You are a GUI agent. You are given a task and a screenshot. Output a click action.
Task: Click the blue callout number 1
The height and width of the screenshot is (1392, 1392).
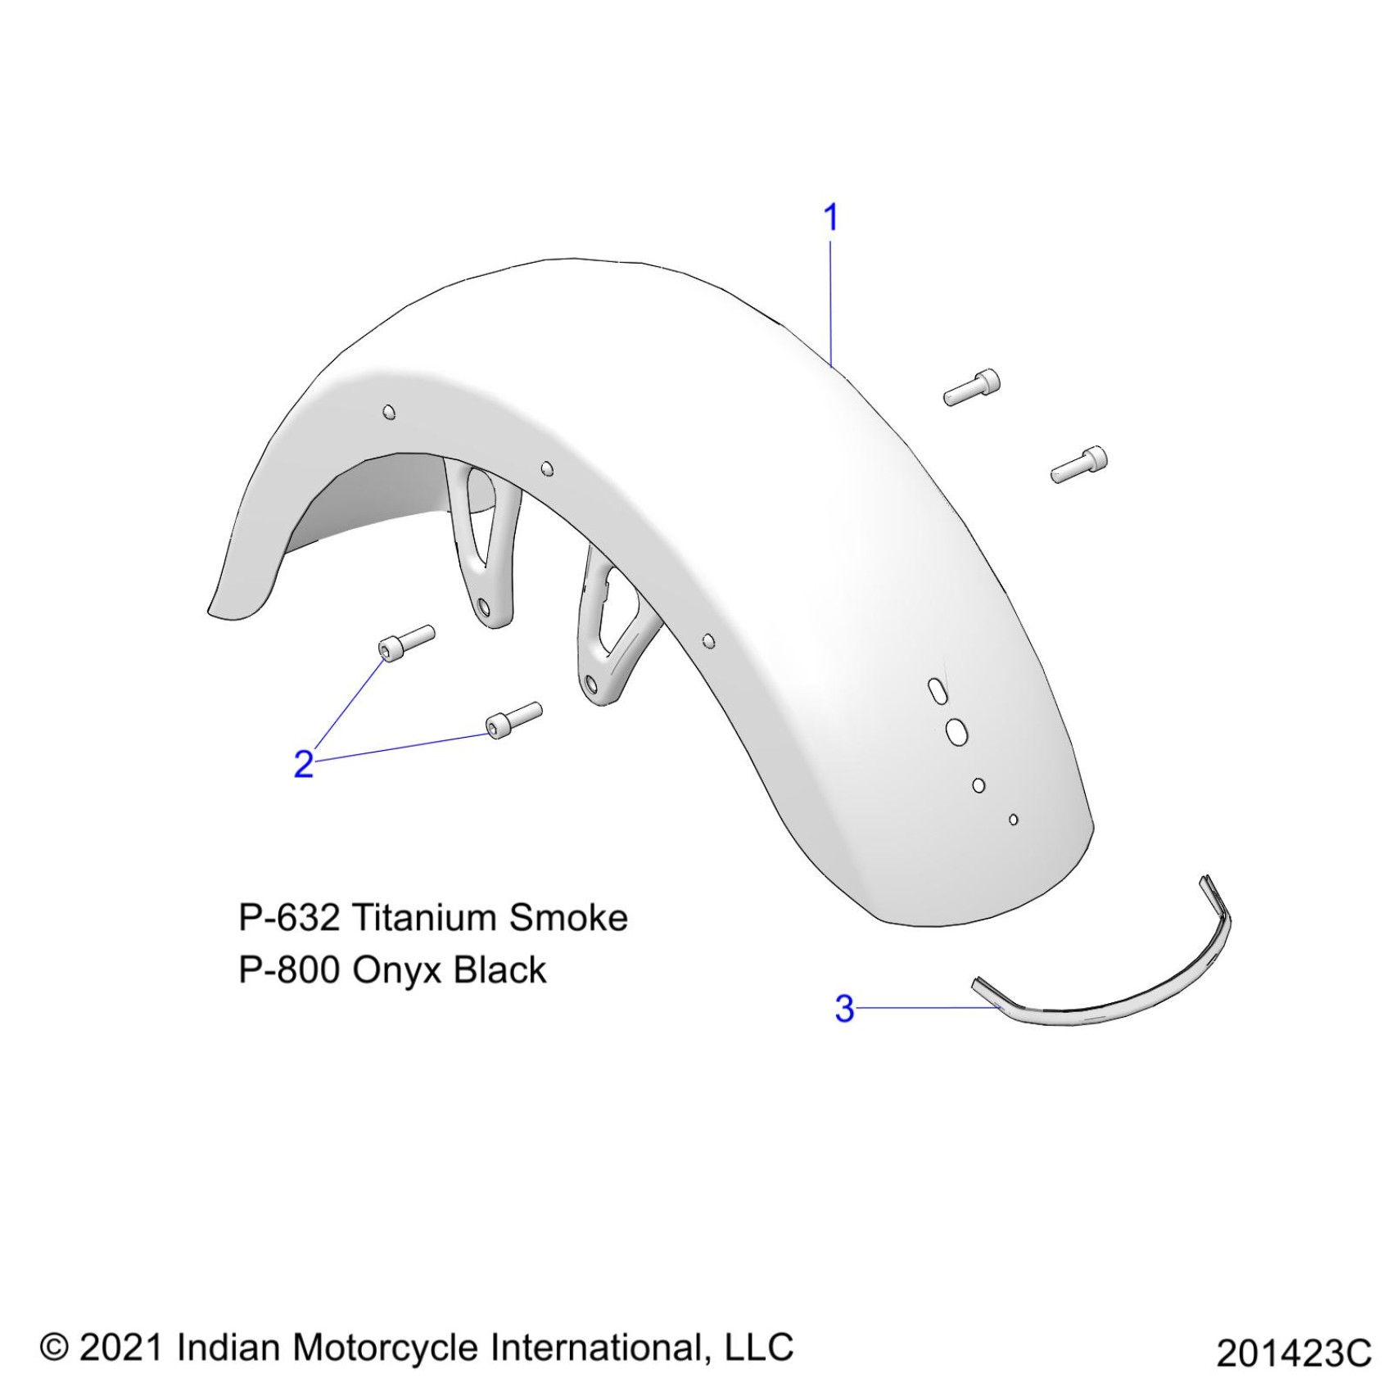(x=830, y=218)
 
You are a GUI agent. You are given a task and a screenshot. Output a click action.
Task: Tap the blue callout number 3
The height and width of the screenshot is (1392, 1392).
(x=844, y=1008)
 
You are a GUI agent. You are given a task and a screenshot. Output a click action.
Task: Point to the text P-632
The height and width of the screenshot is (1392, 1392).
(x=288, y=918)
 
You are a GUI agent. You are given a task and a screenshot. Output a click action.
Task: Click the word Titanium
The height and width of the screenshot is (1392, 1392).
(x=423, y=918)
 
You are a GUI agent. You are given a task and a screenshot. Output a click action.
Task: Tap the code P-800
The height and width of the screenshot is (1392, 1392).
(x=288, y=970)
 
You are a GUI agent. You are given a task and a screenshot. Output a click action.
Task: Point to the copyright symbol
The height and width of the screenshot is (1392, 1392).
(x=54, y=1346)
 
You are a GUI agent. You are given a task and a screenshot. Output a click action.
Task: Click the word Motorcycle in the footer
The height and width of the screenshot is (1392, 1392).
(x=386, y=1348)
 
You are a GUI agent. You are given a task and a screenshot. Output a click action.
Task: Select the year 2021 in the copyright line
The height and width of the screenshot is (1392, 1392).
(x=122, y=1347)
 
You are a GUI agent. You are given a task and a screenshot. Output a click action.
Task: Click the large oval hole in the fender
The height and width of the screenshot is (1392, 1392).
(x=954, y=731)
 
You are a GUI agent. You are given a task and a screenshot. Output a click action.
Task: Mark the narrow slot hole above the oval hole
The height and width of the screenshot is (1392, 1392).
(x=934, y=689)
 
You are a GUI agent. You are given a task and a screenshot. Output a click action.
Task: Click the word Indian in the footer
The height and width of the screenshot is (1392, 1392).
(x=228, y=1347)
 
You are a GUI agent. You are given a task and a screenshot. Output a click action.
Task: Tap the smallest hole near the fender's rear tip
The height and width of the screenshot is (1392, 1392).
(x=1014, y=819)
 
